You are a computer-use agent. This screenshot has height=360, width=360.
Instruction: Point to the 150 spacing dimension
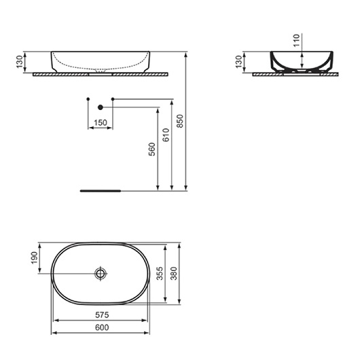click(x=101, y=122)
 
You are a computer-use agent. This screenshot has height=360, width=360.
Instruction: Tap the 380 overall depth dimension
click(x=174, y=274)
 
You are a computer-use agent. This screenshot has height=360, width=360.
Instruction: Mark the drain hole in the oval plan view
click(x=101, y=274)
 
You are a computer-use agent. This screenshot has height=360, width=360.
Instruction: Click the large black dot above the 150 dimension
click(x=101, y=107)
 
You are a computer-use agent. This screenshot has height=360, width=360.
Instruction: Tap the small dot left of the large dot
click(x=88, y=99)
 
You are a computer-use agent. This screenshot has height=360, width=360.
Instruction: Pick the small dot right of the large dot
click(x=113, y=99)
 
